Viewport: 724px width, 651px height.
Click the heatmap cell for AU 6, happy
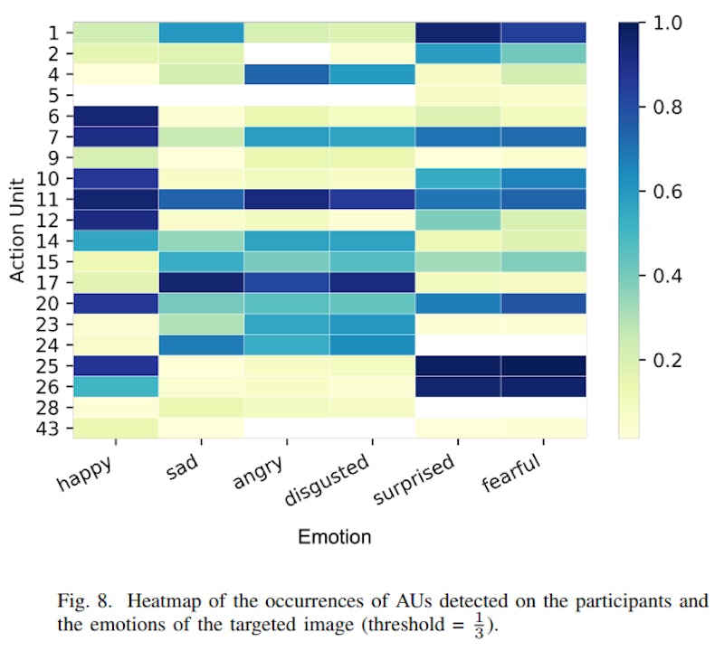click(116, 116)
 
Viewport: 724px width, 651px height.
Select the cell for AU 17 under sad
click(202, 282)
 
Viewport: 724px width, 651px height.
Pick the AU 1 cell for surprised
click(458, 33)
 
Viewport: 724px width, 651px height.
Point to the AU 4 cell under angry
click(287, 74)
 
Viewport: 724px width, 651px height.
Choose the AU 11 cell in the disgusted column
click(373, 199)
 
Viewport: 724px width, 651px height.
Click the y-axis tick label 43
click(49, 428)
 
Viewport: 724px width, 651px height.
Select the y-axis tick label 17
click(49, 282)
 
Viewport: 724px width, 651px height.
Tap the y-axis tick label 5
click(54, 95)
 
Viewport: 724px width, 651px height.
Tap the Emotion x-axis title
click(335, 537)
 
